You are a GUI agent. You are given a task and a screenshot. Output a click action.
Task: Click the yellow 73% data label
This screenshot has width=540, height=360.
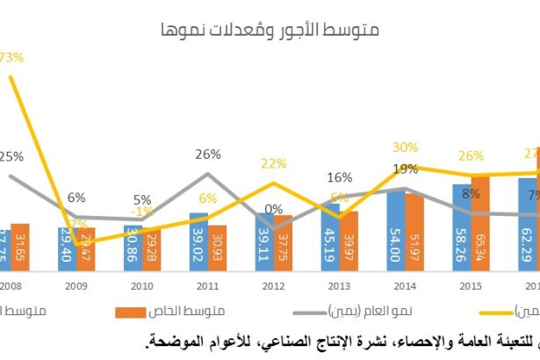[x=11, y=58]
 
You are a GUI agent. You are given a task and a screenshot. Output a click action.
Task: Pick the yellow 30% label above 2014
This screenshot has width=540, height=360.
[x=405, y=148]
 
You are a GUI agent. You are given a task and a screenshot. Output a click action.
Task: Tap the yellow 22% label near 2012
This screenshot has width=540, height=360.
[x=274, y=163]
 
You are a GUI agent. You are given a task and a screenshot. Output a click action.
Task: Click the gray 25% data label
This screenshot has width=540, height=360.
[x=11, y=156]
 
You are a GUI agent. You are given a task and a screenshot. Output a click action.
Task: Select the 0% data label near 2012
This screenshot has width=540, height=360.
[x=273, y=209]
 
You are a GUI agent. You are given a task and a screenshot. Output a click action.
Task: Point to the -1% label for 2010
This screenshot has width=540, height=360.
[x=142, y=212]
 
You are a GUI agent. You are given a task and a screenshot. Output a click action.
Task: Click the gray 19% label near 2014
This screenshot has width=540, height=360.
[x=405, y=169]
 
